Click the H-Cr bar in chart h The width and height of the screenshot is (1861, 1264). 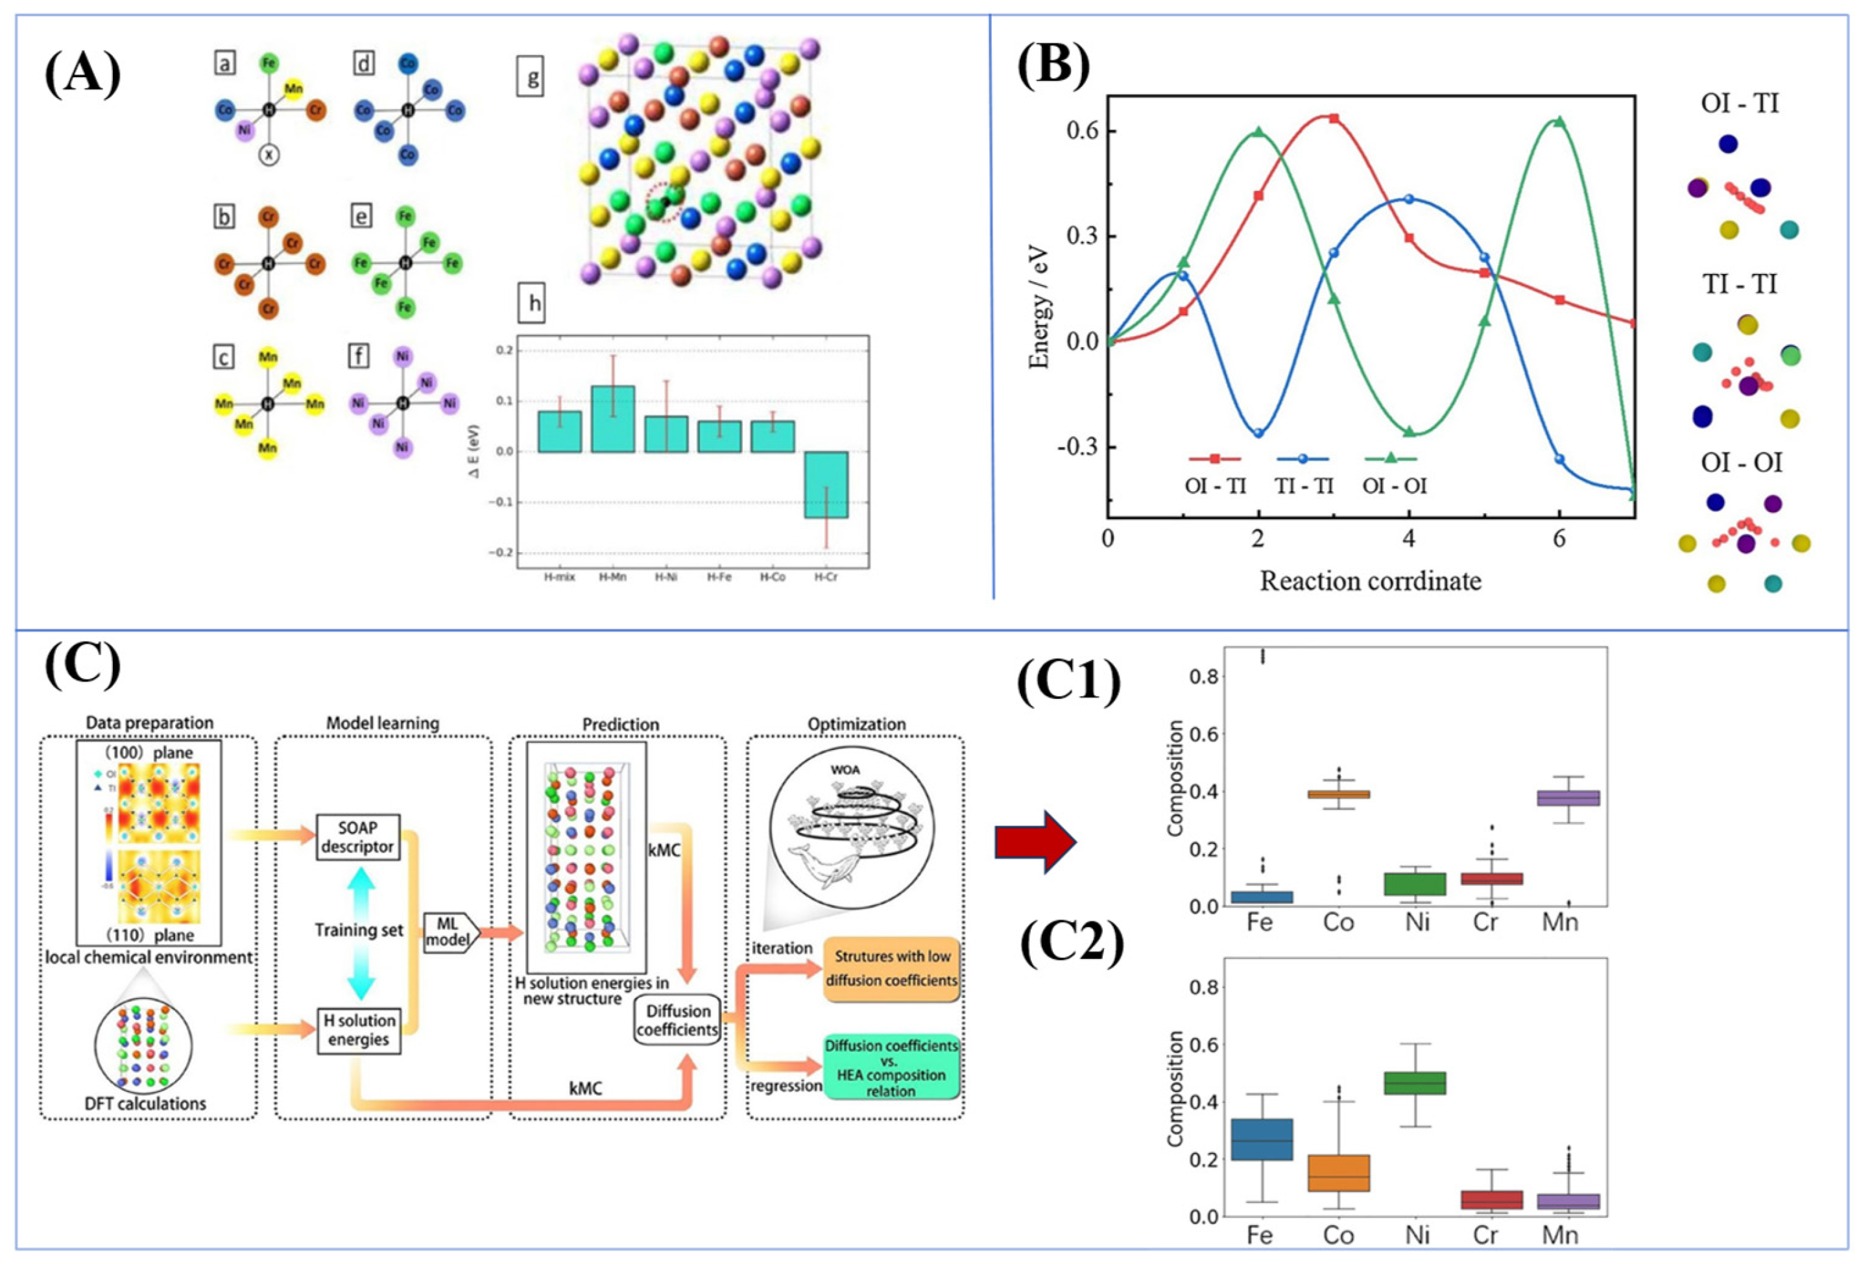click(826, 485)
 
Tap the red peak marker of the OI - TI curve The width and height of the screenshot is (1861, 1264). click(1333, 119)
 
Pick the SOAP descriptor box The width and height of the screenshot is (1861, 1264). click(357, 837)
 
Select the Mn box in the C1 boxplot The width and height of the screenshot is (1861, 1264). click(1559, 799)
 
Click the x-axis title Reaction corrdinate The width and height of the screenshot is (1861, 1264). click(1370, 581)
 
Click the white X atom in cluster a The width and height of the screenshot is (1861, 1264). click(269, 154)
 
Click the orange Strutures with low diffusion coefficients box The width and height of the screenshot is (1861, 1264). click(891, 967)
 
